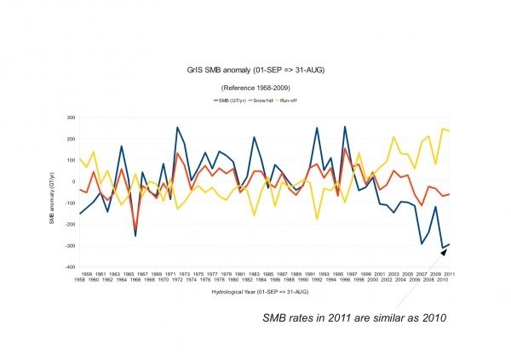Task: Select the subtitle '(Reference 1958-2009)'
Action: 255,89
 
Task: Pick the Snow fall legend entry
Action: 261,101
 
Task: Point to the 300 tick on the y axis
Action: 69,117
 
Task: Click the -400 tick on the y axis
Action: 68,266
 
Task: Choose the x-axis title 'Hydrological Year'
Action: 255,291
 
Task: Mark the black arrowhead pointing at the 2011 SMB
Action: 444,250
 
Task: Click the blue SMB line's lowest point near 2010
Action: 443,248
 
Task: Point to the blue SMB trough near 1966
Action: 135,235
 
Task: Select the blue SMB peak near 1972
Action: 177,128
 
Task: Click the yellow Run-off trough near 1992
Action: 317,219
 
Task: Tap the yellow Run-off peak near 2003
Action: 393,137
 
